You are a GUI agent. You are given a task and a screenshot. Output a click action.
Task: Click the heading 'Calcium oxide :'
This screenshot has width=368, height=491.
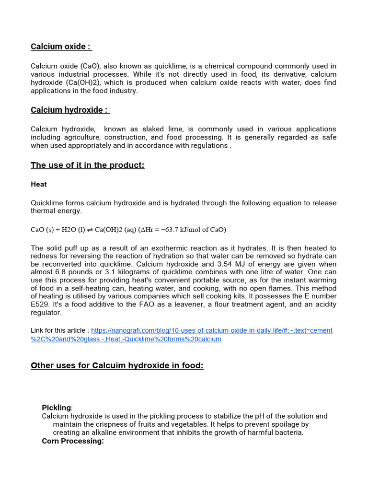(60, 47)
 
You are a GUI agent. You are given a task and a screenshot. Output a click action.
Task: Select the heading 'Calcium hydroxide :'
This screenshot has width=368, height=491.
(69, 110)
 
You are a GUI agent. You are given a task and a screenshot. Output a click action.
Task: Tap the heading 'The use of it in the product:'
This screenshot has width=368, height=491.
(87, 165)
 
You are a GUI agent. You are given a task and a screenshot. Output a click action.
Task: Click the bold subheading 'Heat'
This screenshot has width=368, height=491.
(39, 184)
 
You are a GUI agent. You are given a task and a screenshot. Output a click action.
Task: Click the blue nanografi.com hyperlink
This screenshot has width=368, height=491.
(211, 330)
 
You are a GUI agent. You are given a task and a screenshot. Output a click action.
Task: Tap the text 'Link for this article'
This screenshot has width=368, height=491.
(57, 330)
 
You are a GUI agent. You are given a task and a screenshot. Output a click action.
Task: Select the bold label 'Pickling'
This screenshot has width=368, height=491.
(56, 408)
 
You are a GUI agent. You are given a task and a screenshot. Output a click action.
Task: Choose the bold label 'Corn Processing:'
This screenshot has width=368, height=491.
(73, 441)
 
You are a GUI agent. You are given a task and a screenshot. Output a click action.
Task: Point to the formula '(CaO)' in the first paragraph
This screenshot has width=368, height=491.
(89, 66)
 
